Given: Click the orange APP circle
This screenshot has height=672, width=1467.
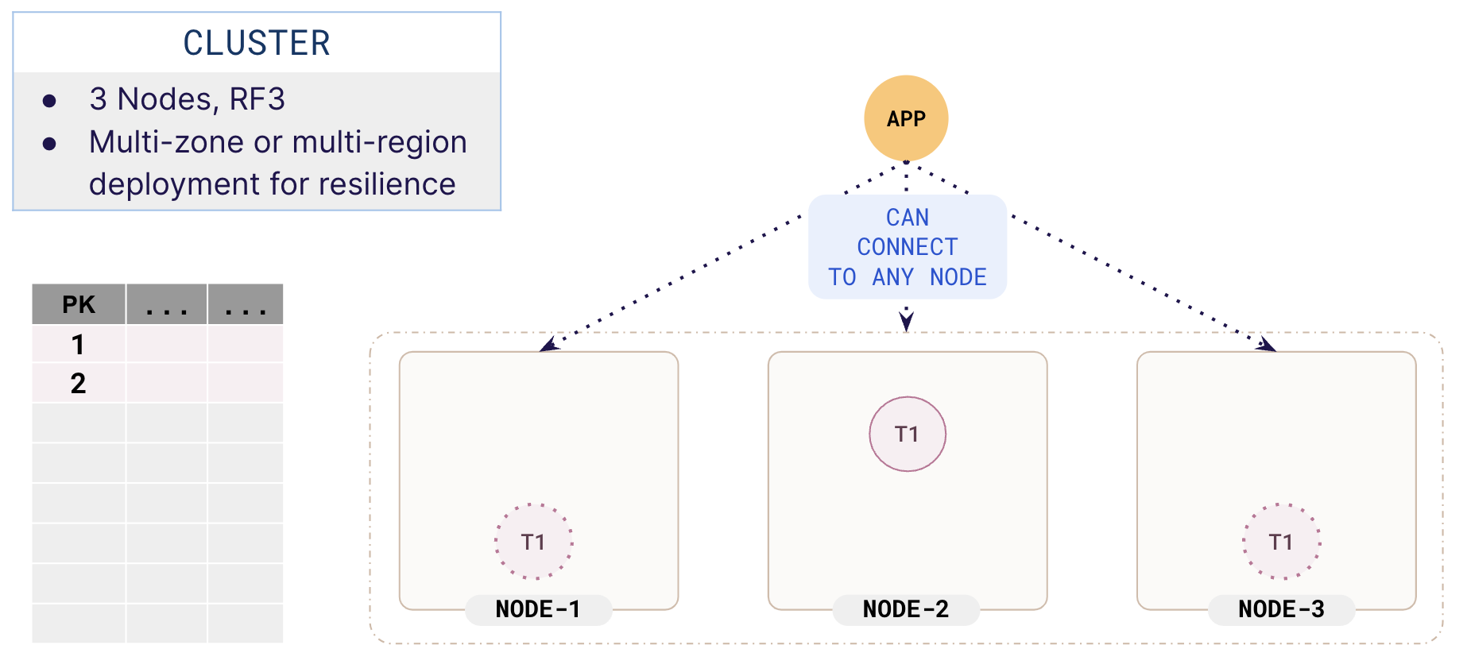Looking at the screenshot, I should click(x=906, y=118).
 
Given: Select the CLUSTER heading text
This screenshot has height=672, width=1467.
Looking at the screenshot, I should click(x=257, y=43).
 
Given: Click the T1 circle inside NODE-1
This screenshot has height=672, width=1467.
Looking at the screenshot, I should click(x=533, y=542).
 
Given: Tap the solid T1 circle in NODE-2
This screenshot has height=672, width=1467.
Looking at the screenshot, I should click(x=907, y=434).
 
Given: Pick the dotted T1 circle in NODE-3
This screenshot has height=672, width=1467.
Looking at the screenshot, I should click(x=1281, y=542).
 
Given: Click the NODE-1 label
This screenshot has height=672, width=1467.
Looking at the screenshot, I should click(x=538, y=609).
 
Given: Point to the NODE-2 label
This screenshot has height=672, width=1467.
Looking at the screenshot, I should click(x=906, y=609).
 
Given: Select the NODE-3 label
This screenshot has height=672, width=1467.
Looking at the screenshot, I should click(x=1281, y=609).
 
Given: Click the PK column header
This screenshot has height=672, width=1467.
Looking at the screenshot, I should click(x=78, y=304).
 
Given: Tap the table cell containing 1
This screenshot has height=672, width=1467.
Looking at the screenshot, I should click(x=78, y=345).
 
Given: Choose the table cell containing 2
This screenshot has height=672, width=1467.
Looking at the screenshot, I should click(x=78, y=384).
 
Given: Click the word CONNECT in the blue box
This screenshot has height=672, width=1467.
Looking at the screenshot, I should click(x=908, y=247).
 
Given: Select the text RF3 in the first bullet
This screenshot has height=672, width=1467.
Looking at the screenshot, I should click(x=257, y=99).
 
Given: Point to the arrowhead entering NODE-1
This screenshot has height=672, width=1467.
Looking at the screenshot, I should click(x=548, y=345).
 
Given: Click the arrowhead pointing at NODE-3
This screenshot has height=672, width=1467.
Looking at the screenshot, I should click(x=1268, y=345).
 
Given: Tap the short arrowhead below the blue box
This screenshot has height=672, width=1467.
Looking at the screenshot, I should click(x=906, y=321).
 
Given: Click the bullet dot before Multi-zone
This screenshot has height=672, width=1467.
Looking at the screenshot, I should click(x=49, y=144).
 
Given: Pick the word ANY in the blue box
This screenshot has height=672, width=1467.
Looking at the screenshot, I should click(x=893, y=277).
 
